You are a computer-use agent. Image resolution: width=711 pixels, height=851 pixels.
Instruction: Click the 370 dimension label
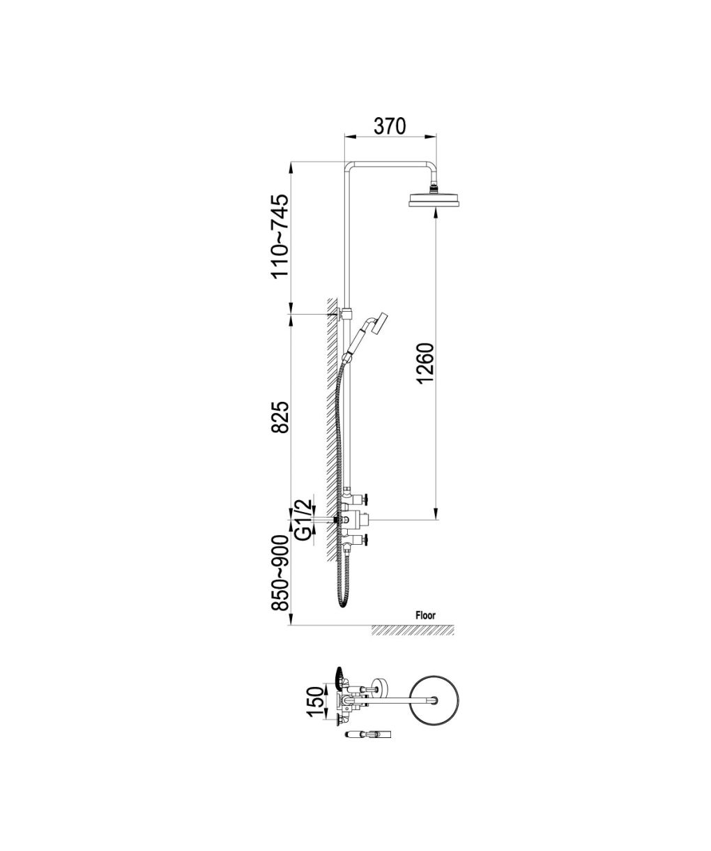[390, 126]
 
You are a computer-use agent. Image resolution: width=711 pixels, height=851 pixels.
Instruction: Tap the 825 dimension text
[280, 417]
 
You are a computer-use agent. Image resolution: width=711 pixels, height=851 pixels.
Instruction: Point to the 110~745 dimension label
[280, 236]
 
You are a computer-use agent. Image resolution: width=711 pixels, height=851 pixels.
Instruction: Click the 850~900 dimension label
[280, 579]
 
